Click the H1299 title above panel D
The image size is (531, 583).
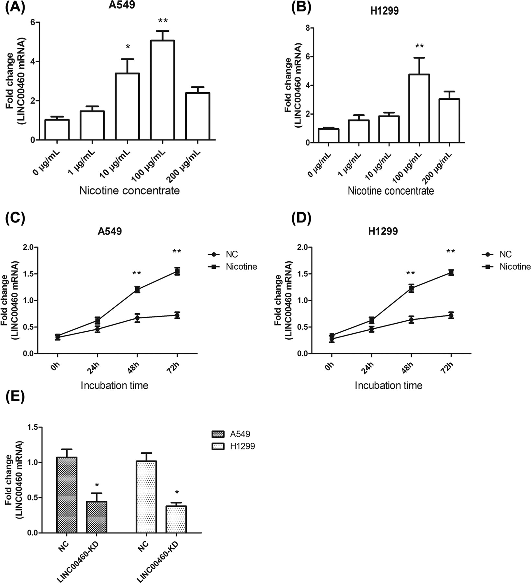pyautogui.click(x=384, y=231)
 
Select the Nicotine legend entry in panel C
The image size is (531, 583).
pyautogui.click(x=241, y=267)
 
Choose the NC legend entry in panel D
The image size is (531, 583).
pyautogui.click(x=505, y=254)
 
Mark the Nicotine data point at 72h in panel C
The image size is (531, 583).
pyautogui.click(x=177, y=272)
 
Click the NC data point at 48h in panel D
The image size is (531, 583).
pyautogui.click(x=411, y=320)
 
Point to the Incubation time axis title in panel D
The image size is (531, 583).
pyautogui.click(x=388, y=385)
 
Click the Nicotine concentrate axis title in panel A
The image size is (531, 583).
pyautogui.click(x=130, y=190)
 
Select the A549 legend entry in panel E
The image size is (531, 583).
pyautogui.click(x=240, y=434)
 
